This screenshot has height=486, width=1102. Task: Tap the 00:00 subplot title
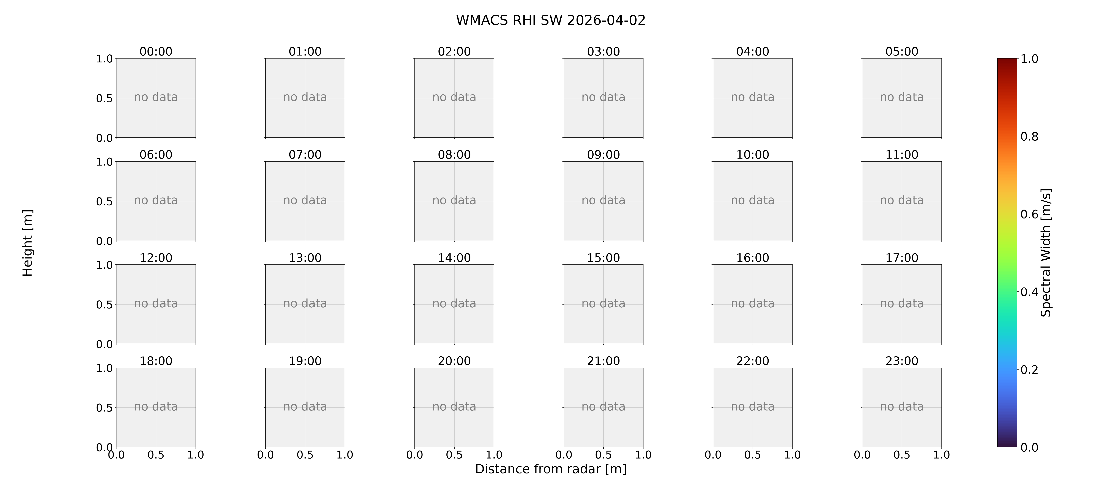pos(156,51)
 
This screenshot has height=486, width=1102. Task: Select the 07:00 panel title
pos(305,154)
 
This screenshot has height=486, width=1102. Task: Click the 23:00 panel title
pos(902,361)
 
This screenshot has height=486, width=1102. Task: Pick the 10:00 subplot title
pos(752,154)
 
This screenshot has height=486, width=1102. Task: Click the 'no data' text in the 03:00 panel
pos(603,97)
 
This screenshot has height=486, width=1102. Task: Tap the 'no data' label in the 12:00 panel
pos(156,303)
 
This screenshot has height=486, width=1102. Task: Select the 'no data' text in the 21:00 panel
pos(603,407)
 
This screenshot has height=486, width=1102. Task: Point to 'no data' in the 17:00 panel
pos(902,303)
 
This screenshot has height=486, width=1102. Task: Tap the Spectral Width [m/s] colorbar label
pos(1046,253)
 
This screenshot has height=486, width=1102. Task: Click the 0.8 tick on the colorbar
pos(1029,137)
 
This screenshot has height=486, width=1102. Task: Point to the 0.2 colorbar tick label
pos(1029,370)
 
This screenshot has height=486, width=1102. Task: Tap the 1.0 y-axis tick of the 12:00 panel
pos(104,265)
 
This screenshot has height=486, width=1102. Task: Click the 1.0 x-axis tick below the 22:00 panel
pos(792,455)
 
